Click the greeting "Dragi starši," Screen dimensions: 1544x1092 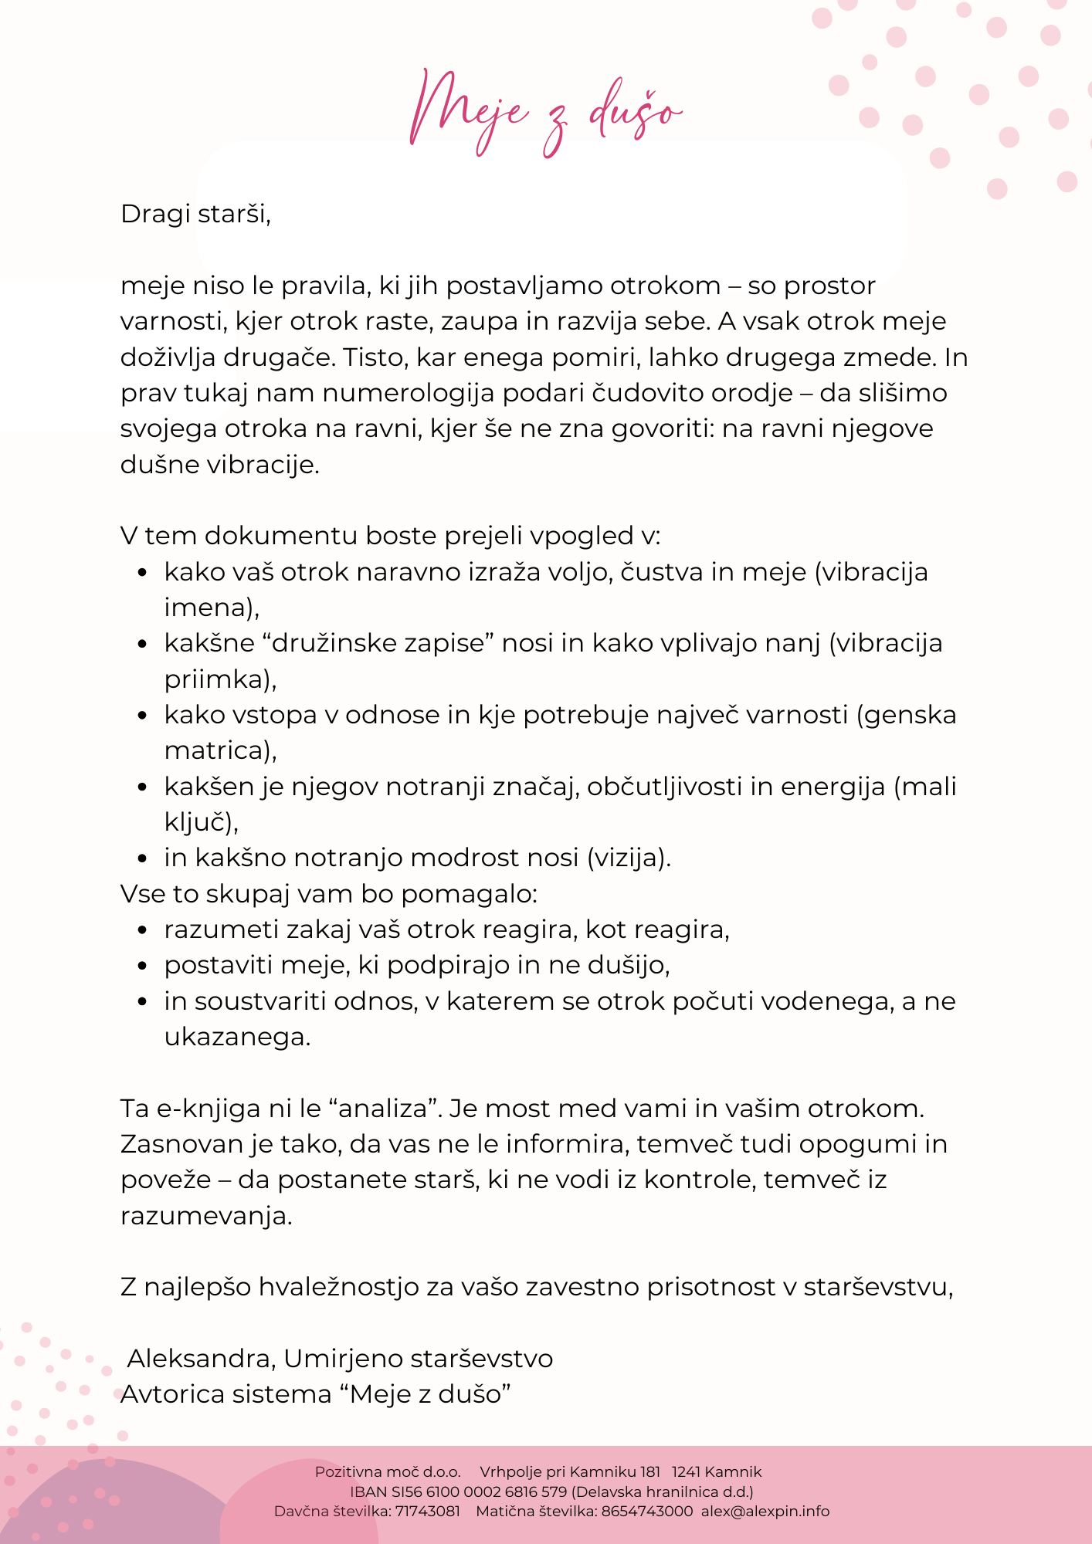(196, 214)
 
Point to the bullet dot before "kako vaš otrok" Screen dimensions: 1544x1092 (142, 573)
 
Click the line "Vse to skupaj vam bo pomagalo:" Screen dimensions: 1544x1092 (329, 894)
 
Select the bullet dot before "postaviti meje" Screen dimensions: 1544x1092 (142, 966)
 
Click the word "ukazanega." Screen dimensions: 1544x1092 (237, 1037)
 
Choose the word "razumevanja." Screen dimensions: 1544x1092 (207, 1216)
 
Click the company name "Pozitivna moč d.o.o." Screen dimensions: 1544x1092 (388, 1471)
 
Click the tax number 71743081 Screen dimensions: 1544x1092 (427, 1511)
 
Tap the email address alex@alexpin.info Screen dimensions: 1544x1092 (765, 1511)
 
